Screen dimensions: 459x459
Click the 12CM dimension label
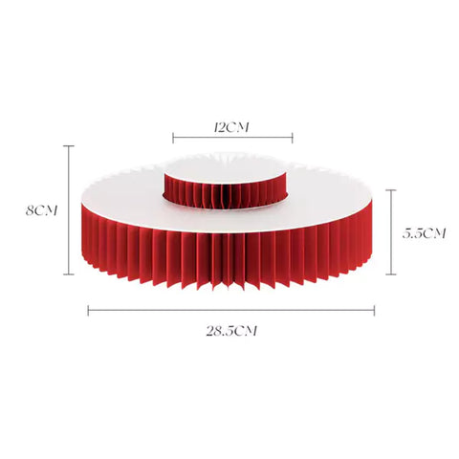231,127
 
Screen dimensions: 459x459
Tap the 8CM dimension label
42,210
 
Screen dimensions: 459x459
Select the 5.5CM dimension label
424,233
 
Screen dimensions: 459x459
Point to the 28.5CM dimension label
231,331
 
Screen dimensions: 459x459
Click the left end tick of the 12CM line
173,138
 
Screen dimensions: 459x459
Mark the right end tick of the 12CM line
293,138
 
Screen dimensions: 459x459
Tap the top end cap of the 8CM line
69,146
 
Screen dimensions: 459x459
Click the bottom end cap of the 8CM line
69,273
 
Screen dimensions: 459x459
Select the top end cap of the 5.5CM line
391,190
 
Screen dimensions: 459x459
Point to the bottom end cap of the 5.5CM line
391,273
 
